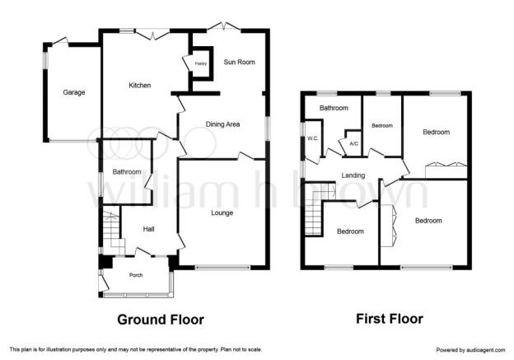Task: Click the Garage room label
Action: pyautogui.click(x=74, y=92)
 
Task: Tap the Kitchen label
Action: pyautogui.click(x=140, y=85)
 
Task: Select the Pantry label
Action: pyautogui.click(x=201, y=63)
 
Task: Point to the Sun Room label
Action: pyautogui.click(x=240, y=62)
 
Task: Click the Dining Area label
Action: pyautogui.click(x=222, y=124)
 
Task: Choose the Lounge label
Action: pyautogui.click(x=222, y=213)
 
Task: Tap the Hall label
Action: pyautogui.click(x=148, y=229)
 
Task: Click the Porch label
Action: pyautogui.click(x=136, y=275)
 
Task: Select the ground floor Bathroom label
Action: pyautogui.click(x=127, y=172)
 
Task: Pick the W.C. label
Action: pyautogui.click(x=313, y=138)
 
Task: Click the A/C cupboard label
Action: pyautogui.click(x=353, y=143)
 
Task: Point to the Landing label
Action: pyautogui.click(x=353, y=175)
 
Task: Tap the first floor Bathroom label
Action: pyautogui.click(x=334, y=108)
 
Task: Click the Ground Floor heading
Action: pyautogui.click(x=161, y=320)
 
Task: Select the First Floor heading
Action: pyautogui.click(x=390, y=319)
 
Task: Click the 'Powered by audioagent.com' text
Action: pyautogui.click(x=470, y=350)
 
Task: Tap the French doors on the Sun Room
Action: pyautogui.click(x=224, y=27)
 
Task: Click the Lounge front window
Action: pyautogui.click(x=222, y=268)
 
